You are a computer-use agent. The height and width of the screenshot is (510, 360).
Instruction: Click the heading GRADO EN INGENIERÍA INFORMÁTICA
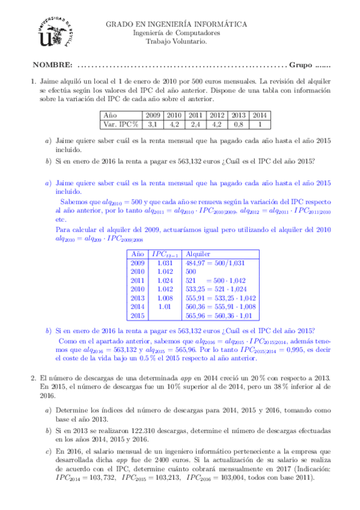[x=176, y=24]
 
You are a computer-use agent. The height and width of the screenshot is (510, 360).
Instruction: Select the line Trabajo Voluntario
[x=176, y=42]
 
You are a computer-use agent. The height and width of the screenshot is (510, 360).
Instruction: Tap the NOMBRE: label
[x=53, y=65]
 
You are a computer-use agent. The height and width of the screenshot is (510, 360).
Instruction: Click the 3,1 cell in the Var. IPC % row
[x=152, y=124]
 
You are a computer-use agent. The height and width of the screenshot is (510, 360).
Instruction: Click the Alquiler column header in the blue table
[x=198, y=254]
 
